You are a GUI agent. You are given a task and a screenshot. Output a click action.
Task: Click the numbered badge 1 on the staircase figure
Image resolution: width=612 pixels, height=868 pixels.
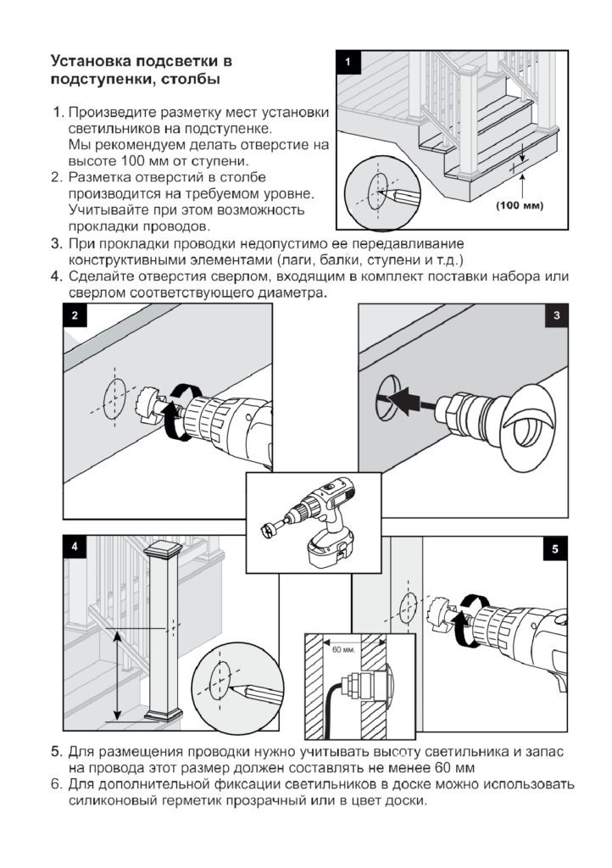pyautogui.click(x=348, y=61)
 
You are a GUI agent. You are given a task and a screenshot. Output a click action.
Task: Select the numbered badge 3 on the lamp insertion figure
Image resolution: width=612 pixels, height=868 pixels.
pyautogui.click(x=555, y=315)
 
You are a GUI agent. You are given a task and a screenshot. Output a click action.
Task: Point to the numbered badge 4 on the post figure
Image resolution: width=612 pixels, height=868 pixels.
pyautogui.click(x=75, y=548)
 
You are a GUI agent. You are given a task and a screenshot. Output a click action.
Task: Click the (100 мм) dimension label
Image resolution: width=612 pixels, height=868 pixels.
pyautogui.click(x=518, y=205)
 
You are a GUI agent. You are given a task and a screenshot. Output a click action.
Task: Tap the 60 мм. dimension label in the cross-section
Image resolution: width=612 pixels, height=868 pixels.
pyautogui.click(x=343, y=649)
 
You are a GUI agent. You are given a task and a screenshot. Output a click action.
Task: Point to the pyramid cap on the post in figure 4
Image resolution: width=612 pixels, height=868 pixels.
pyautogui.click(x=165, y=552)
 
